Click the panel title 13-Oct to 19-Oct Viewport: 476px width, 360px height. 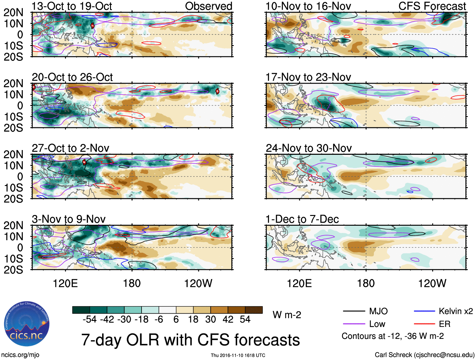tap(72, 6)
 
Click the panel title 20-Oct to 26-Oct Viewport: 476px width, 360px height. tap(72, 77)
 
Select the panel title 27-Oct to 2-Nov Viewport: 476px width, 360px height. tap(70, 148)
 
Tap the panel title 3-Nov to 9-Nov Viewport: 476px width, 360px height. tap(68, 219)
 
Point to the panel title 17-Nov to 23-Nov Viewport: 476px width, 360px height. tap(308, 77)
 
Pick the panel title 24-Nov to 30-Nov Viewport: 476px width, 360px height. tap(309, 148)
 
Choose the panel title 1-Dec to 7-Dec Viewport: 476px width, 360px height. tap(302, 219)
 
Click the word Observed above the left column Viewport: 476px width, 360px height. tap(208, 6)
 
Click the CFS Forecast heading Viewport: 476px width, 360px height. tap(432, 6)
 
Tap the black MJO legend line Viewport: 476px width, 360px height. tap(354, 311)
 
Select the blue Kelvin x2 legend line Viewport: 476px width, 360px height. tap(424, 311)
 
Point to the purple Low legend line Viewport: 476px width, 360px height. tap(354, 324)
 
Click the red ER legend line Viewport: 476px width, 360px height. tap(424, 324)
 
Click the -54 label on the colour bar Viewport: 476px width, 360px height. tap(90, 319)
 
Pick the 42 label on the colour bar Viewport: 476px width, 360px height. tap(228, 319)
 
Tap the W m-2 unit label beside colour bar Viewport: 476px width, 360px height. tap(287, 315)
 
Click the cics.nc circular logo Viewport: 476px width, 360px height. tap(27, 324)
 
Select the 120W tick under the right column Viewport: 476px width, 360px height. tap(432, 283)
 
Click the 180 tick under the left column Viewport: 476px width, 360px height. tap(132, 283)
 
